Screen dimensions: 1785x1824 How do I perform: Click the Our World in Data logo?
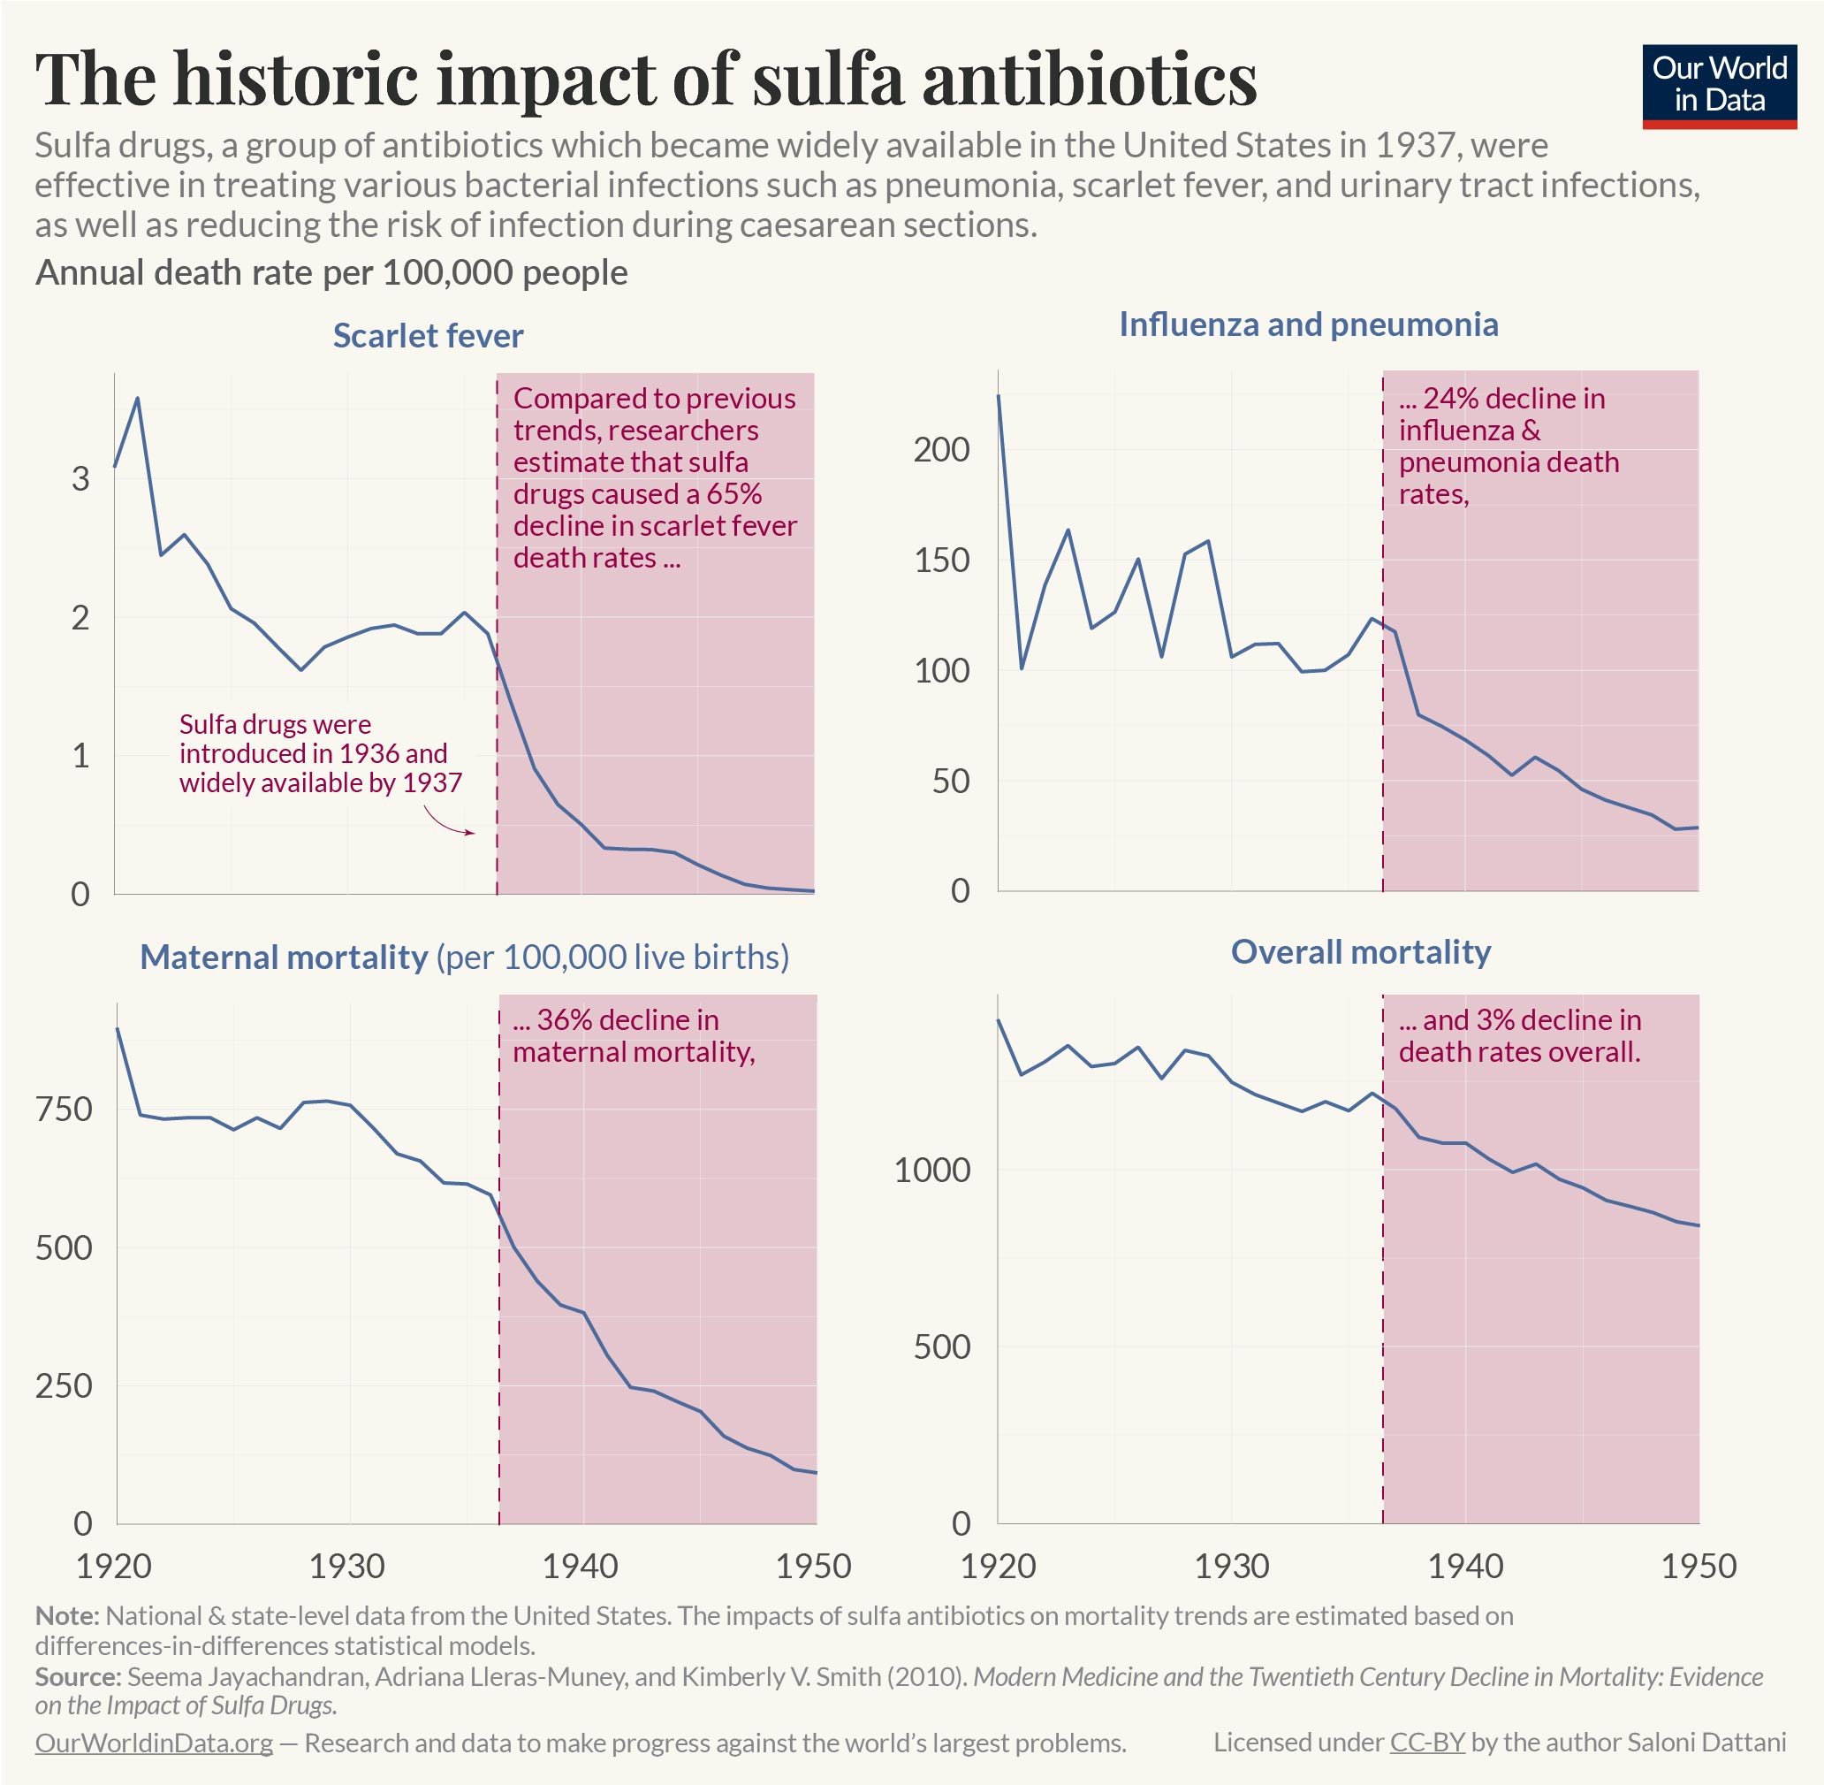(1719, 85)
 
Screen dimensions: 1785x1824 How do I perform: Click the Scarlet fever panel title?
(428, 336)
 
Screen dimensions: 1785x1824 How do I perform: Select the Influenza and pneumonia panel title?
(1309, 324)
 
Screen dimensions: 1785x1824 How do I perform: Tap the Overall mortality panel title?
(1360, 951)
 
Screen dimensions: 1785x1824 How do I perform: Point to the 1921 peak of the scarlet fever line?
(138, 398)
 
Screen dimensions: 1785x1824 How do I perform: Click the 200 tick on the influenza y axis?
(942, 450)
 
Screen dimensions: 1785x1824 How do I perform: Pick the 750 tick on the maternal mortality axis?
(64, 1109)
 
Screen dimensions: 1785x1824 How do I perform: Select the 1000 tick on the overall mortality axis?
(931, 1170)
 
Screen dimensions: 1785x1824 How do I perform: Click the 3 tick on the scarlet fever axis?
(80, 478)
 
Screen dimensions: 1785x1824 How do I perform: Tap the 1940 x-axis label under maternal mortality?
(581, 1566)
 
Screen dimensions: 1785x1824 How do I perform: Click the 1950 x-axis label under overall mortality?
(1699, 1566)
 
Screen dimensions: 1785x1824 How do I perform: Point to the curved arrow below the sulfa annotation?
(450, 824)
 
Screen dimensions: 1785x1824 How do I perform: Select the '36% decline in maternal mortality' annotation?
(634, 1036)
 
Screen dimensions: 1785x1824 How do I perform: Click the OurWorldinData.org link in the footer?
(154, 1743)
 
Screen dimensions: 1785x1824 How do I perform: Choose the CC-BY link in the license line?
(1426, 1743)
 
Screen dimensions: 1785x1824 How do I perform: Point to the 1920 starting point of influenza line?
(999, 395)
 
